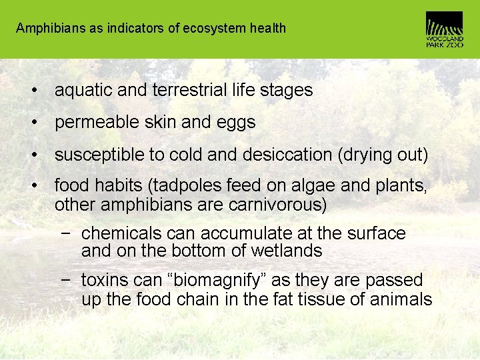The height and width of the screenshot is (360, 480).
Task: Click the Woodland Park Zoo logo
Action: pyautogui.click(x=444, y=29)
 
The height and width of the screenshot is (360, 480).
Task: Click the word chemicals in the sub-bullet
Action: pyautogui.click(x=121, y=233)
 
